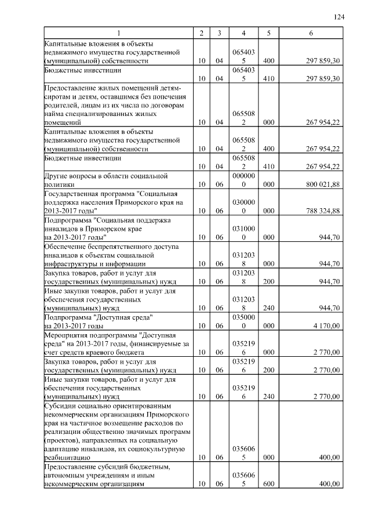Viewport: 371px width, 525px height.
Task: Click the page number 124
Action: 339,17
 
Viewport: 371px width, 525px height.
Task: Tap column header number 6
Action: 311,34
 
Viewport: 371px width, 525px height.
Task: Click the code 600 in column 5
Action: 269,484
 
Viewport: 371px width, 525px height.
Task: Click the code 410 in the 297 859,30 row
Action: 269,78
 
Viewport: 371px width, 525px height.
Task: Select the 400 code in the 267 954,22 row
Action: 269,149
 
